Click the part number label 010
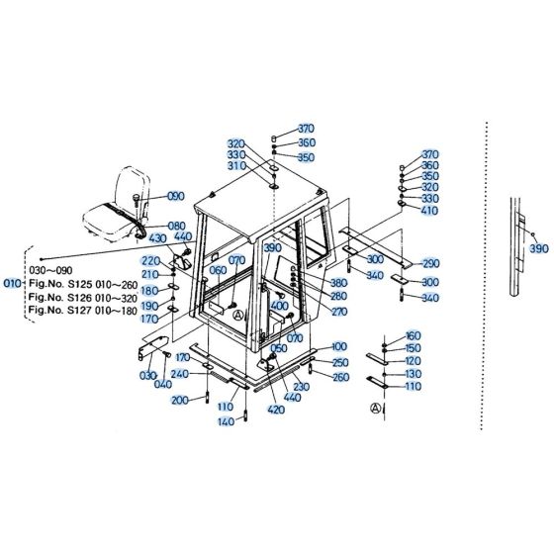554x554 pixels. coord(13,282)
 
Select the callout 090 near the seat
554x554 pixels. coord(176,196)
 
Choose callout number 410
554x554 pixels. coord(429,212)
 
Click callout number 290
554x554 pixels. coord(429,264)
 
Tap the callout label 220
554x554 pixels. coord(149,260)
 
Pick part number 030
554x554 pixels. coord(149,376)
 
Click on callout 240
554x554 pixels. coord(180,374)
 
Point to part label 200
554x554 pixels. coord(180,400)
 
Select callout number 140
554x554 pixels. coord(227,421)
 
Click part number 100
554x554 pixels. coord(339,346)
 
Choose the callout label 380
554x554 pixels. coord(339,282)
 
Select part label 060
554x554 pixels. coord(219,269)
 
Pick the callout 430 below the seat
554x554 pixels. coord(156,238)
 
